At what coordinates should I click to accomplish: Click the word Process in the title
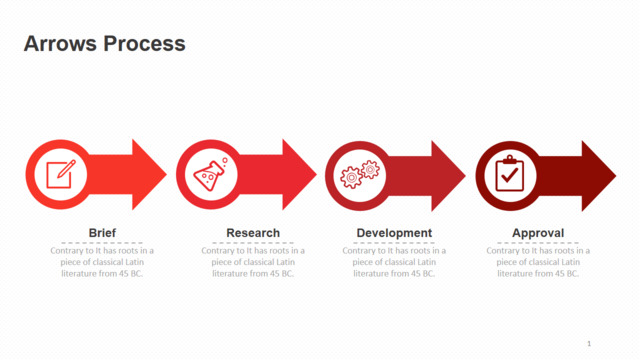tap(144, 44)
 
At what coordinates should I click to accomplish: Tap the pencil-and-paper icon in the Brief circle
tap(61, 174)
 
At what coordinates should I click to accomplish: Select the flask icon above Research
tap(211, 174)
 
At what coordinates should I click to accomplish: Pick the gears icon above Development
tap(360, 174)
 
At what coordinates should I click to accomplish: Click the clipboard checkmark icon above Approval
tap(509, 173)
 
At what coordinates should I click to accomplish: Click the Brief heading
tap(102, 233)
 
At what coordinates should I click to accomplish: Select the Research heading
tap(253, 233)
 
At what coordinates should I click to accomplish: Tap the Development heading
tap(394, 233)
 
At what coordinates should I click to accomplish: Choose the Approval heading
tap(538, 233)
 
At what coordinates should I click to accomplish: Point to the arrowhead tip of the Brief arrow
tap(167, 175)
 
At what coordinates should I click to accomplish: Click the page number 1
tap(589, 344)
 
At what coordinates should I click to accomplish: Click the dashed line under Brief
tap(102, 243)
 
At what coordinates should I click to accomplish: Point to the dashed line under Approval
tap(538, 243)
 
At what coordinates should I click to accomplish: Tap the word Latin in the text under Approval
tap(571, 262)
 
